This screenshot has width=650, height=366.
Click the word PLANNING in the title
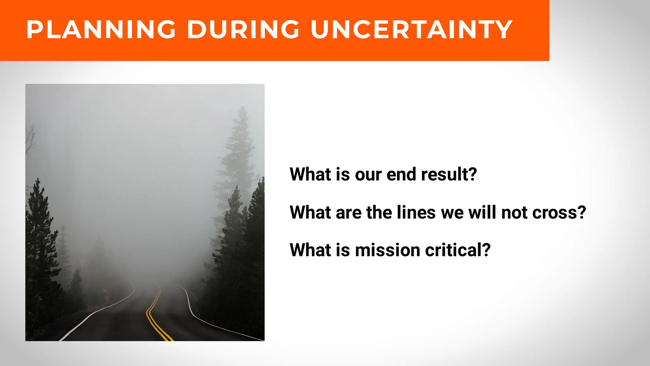pyautogui.click(x=101, y=30)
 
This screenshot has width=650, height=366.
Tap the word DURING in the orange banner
pyautogui.click(x=243, y=30)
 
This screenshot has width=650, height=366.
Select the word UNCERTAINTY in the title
pyautogui.click(x=411, y=30)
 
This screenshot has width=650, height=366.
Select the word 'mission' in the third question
pyautogui.click(x=388, y=250)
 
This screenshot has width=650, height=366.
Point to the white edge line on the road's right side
pyautogui.click(x=203, y=321)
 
